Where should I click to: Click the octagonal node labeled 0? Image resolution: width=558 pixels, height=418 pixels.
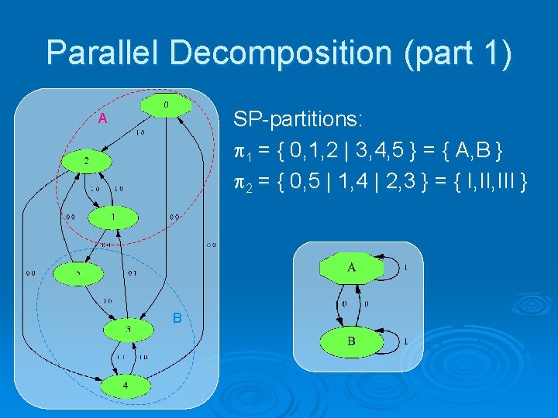pos(165,104)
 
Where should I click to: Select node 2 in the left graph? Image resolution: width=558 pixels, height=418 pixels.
pos(87,161)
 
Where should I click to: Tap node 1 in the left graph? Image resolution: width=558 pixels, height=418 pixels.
pos(112,218)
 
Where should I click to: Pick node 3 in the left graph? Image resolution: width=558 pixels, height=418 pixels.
pos(127,329)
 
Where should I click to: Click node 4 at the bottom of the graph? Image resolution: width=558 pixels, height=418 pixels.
pos(126,384)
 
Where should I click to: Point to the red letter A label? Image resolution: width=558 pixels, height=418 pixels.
pos(102,118)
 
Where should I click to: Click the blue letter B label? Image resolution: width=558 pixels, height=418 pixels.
pos(177,317)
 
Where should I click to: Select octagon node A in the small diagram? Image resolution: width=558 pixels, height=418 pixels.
pos(351,268)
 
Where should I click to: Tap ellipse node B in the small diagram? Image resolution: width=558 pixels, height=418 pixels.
pos(351,341)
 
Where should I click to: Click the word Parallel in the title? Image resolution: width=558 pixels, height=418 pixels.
pos(105,53)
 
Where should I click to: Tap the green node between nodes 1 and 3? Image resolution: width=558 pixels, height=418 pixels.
pos(78,273)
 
